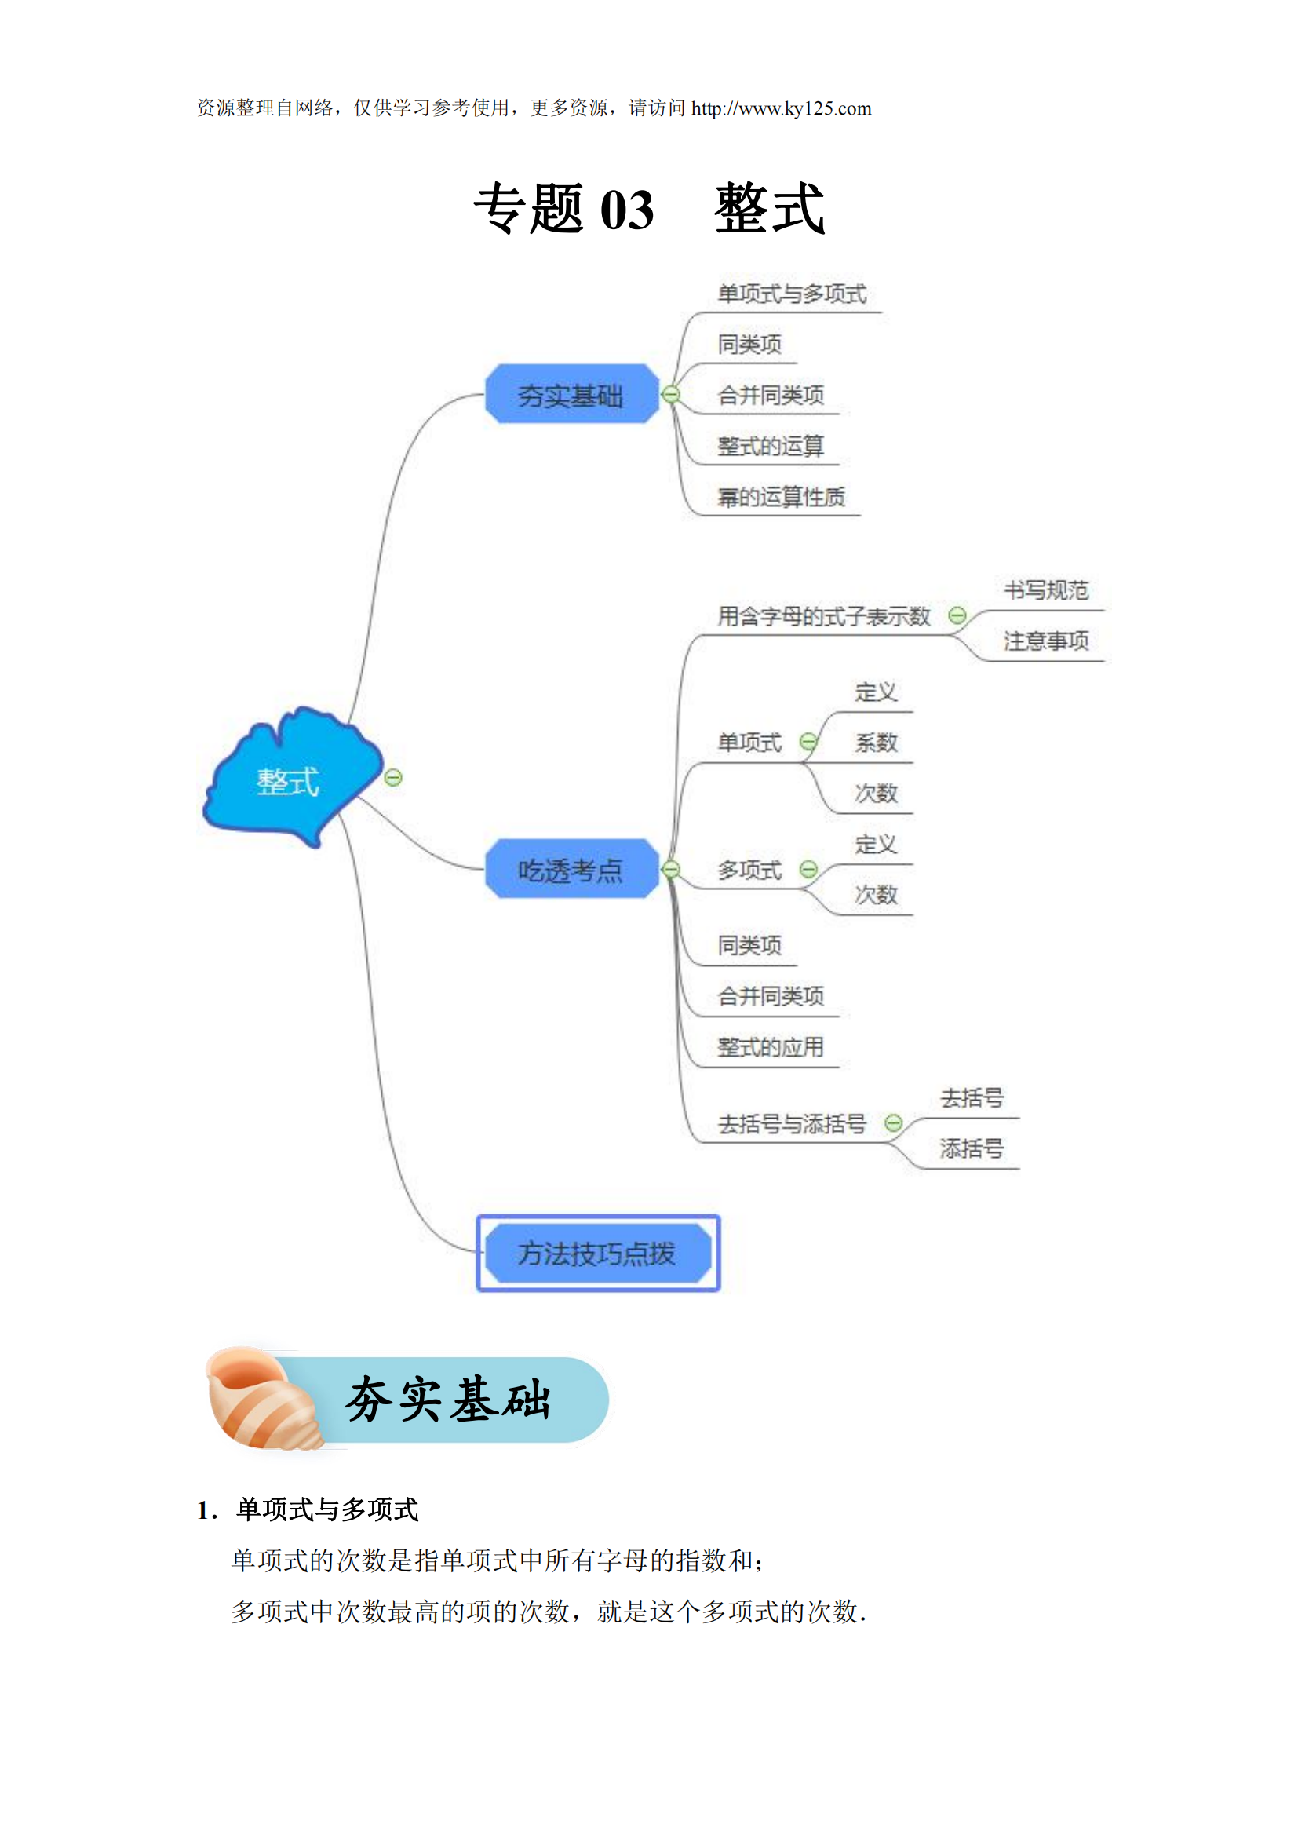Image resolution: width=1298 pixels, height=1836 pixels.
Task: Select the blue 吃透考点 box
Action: tap(571, 869)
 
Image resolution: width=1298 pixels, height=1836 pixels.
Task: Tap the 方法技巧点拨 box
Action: tap(597, 1253)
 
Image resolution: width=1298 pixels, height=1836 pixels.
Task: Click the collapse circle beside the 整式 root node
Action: tap(393, 777)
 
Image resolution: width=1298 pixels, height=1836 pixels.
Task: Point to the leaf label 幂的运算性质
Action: tap(781, 498)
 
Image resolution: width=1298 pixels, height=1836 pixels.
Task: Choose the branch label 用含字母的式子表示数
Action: tap(823, 616)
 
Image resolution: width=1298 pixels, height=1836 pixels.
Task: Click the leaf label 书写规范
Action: tap(1045, 591)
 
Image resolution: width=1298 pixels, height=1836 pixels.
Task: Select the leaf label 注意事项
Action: tap(1045, 641)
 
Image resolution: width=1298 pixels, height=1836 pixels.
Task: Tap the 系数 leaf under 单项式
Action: tap(876, 743)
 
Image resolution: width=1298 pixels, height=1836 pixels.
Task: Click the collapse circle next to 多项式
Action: tap(809, 869)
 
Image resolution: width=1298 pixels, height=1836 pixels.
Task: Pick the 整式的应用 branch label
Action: tap(771, 1047)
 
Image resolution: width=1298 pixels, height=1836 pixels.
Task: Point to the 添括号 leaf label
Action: tap(971, 1149)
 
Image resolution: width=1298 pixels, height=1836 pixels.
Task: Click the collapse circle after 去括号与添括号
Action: tap(894, 1123)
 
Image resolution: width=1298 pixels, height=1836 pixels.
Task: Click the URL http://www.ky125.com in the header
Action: tap(781, 109)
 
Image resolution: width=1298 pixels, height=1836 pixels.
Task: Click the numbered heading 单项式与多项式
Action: tap(327, 1509)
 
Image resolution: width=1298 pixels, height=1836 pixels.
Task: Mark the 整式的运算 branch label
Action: tap(771, 446)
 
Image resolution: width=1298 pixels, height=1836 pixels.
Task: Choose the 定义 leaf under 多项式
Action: tap(876, 845)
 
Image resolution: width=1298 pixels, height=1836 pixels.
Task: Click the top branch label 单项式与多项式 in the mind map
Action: tap(791, 294)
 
